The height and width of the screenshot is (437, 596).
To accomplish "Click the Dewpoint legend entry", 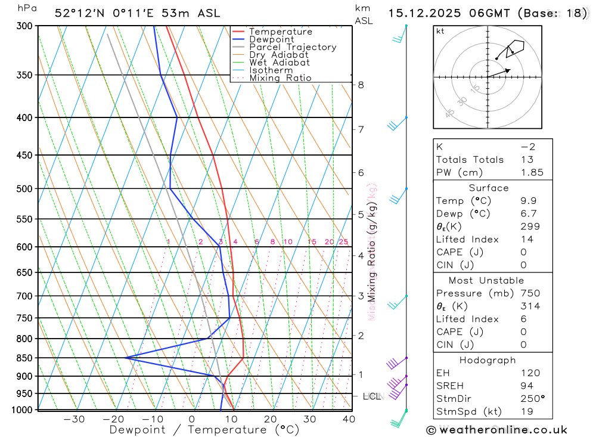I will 272,39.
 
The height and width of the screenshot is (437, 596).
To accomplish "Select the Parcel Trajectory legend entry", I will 293,47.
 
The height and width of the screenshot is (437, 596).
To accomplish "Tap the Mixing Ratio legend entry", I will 280,78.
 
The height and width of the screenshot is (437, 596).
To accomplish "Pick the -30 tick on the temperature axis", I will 74,419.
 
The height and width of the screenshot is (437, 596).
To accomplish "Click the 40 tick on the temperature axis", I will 349,419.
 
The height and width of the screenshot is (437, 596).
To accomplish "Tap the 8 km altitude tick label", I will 361,85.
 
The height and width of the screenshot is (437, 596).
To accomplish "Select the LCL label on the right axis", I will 372,396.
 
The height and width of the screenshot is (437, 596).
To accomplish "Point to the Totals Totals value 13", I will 526,159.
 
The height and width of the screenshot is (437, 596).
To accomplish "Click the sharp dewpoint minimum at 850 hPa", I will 126,358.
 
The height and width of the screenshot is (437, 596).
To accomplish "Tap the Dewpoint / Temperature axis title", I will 204,429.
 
